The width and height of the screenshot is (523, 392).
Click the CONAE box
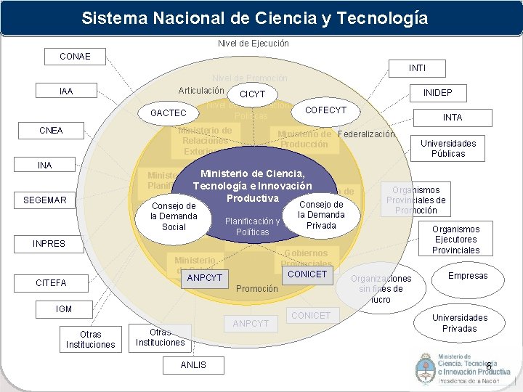click(76, 56)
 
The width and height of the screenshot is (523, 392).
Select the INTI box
click(417, 68)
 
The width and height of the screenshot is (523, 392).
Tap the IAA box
click(66, 91)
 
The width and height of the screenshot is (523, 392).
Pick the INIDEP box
click(437, 94)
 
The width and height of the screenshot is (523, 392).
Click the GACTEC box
click(168, 113)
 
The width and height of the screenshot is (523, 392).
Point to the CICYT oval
click(253, 94)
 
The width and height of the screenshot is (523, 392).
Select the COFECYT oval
click(325, 110)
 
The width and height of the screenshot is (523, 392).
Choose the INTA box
click(452, 117)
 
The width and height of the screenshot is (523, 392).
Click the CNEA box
click(51, 131)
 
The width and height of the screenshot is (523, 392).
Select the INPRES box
click(49, 244)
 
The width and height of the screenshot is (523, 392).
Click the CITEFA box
click(51, 282)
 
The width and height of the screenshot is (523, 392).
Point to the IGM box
click(64, 309)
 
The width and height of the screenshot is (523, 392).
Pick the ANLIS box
click(193, 365)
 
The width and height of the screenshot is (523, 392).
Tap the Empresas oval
click(468, 276)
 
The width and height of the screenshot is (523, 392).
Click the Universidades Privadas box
click(459, 323)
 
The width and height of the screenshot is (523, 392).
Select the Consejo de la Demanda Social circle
click(174, 216)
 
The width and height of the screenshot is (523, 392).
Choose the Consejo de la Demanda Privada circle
click(321, 215)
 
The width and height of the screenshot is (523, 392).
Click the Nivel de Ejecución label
click(253, 44)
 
